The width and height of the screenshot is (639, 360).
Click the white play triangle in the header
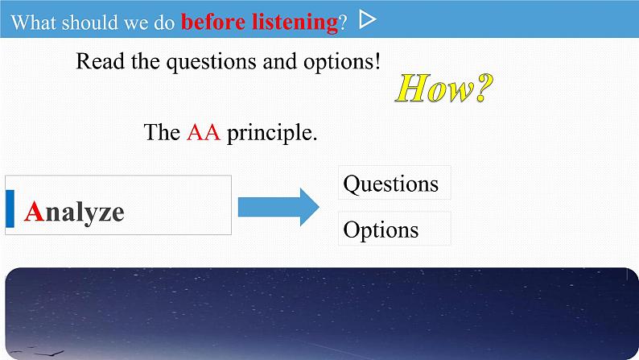tap(367, 19)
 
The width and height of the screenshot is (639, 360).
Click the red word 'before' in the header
tap(213, 22)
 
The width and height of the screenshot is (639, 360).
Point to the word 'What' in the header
tap(34, 22)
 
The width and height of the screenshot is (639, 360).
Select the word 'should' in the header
tap(89, 22)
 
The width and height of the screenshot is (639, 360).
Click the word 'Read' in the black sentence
tap(101, 61)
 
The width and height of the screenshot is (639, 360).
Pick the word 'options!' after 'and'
tap(342, 62)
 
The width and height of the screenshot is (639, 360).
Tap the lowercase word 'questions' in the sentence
tap(212, 63)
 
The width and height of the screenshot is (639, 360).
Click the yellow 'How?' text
tap(444, 88)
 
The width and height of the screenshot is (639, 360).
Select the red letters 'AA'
tap(204, 133)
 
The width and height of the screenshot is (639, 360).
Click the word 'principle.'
tap(272, 134)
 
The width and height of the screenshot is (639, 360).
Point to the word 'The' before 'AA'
tap(162, 133)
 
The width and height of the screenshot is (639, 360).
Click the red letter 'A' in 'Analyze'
tap(35, 212)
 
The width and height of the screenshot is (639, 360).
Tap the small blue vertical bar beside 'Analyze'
tap(10, 209)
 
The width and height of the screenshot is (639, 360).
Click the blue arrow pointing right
tap(278, 207)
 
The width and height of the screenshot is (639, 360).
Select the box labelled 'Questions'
tap(394, 183)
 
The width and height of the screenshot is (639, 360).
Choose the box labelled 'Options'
tap(394, 229)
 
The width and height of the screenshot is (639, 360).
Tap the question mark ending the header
tap(343, 23)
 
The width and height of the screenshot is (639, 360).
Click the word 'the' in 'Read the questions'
tap(145, 61)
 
